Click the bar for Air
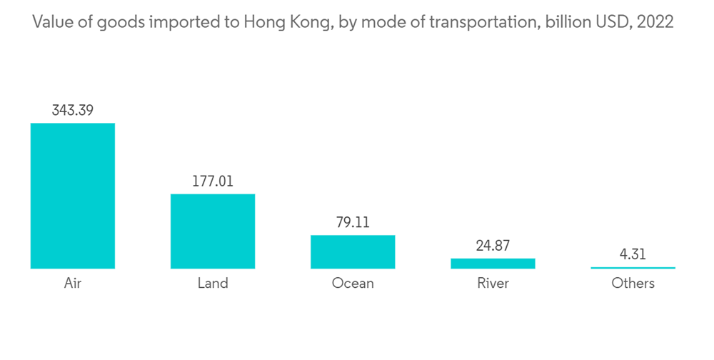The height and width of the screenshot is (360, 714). [x=72, y=196]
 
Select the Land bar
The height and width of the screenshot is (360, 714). [x=213, y=231]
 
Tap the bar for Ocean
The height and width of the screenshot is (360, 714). [x=353, y=251]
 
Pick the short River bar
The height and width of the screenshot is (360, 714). [x=493, y=263]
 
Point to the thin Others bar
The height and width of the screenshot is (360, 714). [x=633, y=268]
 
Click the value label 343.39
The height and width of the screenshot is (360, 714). [x=72, y=111]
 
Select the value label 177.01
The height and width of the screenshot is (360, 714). [x=213, y=181]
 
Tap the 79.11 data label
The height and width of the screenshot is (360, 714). [x=353, y=223]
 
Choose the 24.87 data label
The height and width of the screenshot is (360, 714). [x=493, y=246]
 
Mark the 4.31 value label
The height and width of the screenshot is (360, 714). [x=633, y=254]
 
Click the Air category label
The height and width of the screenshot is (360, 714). [x=72, y=284]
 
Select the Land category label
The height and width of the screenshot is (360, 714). [x=213, y=284]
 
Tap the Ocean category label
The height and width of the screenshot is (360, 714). [x=353, y=284]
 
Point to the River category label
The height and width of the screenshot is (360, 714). [x=493, y=284]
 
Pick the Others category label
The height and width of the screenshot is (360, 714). [x=633, y=284]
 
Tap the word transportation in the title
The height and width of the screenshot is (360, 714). [x=485, y=22]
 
